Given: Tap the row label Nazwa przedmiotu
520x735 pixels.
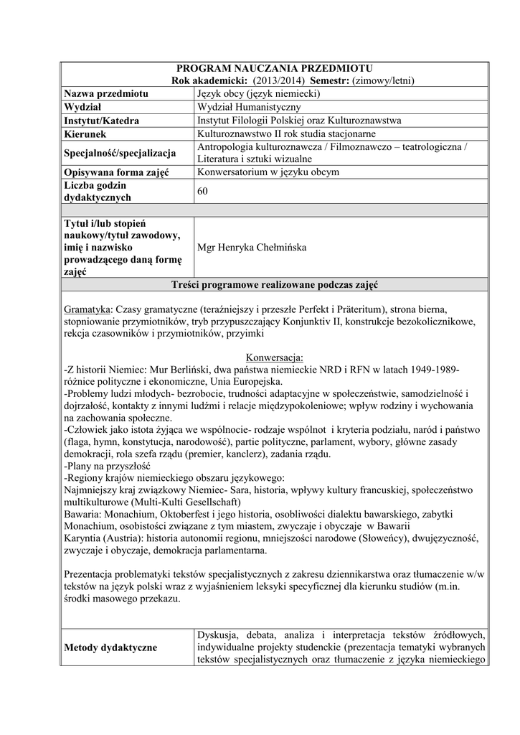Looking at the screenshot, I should pos(106,94).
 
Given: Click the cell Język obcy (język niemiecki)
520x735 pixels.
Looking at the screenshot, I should pos(257,94).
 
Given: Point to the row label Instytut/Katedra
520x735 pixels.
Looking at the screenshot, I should pos(101,121).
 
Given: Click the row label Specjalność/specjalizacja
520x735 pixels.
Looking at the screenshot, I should pos(120,153).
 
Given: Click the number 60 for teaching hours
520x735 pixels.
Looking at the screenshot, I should pos(202,191).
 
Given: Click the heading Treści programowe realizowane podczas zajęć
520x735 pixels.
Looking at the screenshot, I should pos(275,284).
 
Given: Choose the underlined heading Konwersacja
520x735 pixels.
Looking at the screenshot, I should pos(275,357).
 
